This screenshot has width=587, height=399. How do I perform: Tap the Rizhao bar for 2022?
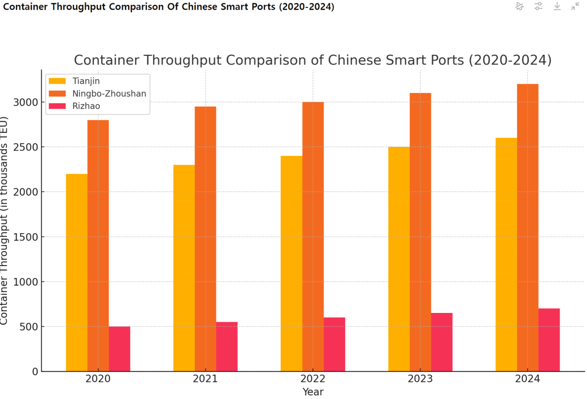coord(334,344)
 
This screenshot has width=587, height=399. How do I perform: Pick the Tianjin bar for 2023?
coord(399,259)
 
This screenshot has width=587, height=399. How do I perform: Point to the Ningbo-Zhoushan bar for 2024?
coord(528,227)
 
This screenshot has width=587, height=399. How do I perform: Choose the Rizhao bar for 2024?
coord(549,340)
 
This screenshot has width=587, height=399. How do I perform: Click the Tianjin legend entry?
coord(86,81)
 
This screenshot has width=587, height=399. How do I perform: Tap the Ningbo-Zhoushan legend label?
coord(109,93)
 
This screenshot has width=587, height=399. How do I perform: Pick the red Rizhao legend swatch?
coord(57,106)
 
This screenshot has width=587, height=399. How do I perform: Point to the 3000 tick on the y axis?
coord(28,102)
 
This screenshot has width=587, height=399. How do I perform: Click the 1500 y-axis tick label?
coord(28,237)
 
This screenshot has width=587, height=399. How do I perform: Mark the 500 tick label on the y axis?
coord(31,327)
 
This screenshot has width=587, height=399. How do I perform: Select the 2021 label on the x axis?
coord(205,379)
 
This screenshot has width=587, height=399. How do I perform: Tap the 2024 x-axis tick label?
coord(528,379)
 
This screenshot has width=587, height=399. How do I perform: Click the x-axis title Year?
coord(313,392)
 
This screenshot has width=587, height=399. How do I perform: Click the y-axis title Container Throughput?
coord(4,220)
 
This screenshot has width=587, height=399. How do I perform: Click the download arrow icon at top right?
coord(557,6)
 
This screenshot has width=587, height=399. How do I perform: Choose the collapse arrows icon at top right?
coord(575,6)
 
